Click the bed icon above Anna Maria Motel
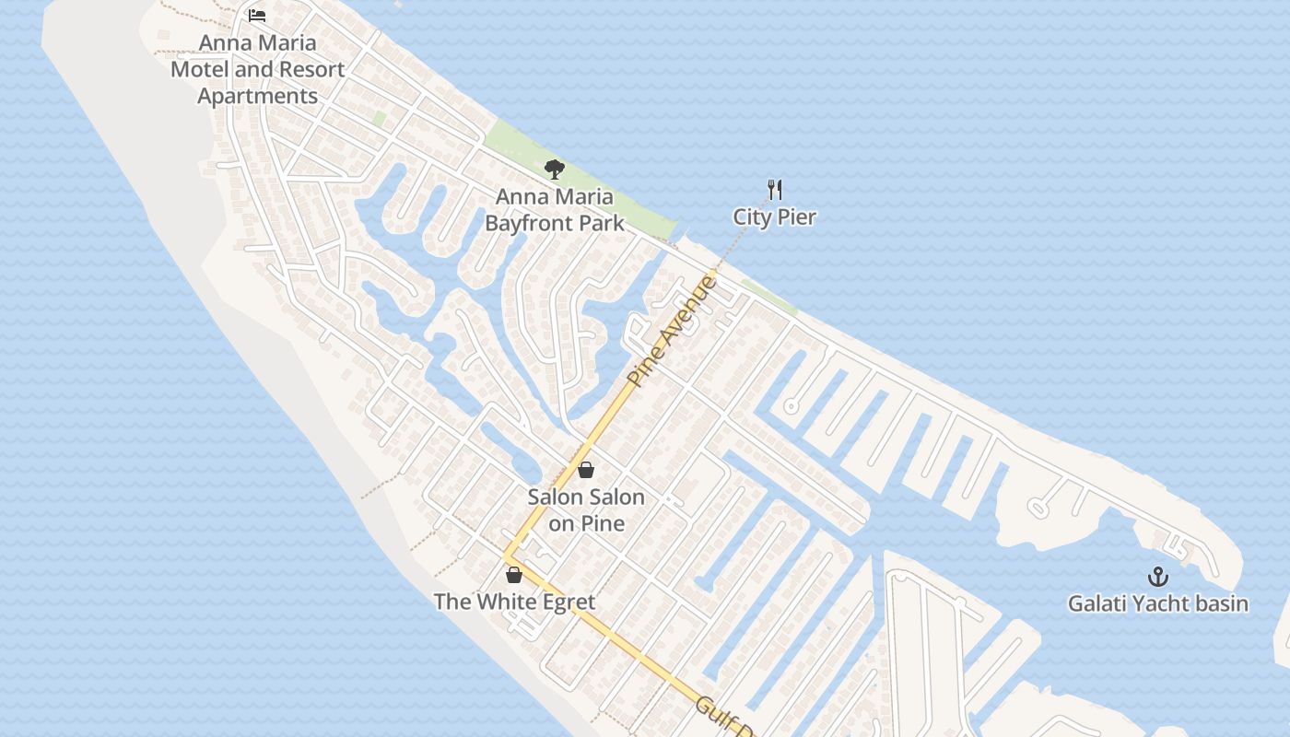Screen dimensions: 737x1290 click(257, 16)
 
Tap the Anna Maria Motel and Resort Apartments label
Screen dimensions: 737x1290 click(258, 69)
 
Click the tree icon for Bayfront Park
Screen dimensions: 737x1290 click(554, 169)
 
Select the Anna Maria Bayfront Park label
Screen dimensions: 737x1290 click(555, 209)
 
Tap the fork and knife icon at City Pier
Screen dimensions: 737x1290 click(775, 190)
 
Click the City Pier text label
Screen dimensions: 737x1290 click(775, 216)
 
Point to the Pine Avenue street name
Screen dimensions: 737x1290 click(672, 331)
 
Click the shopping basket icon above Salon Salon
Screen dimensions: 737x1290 click(585, 470)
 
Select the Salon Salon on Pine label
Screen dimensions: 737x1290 click(586, 509)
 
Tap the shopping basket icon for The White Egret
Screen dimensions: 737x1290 click(514, 575)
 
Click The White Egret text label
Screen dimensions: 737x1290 click(514, 602)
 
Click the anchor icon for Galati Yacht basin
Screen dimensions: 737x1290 click(1157, 577)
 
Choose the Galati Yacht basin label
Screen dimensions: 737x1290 click(1158, 603)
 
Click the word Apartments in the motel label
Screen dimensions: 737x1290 click(258, 96)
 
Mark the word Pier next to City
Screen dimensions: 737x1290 click(796, 216)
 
